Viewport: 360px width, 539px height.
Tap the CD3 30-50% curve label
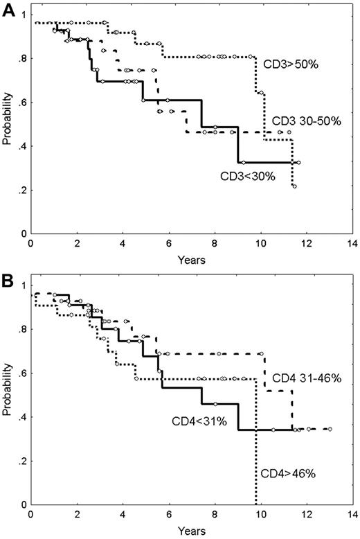point(306,121)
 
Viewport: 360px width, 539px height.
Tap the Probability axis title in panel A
point(8,123)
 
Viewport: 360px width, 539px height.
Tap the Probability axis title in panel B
point(8,395)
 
